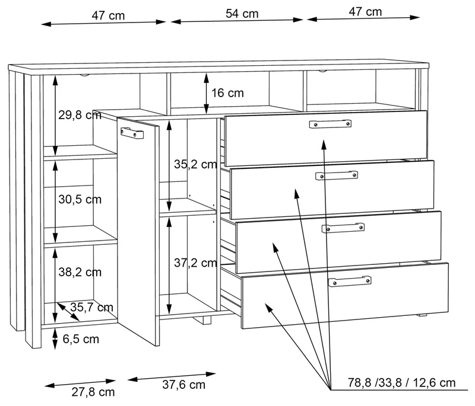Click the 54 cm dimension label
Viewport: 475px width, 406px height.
pos(242,14)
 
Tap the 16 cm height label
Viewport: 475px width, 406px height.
pos(227,93)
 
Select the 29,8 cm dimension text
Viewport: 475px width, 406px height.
pos(80,115)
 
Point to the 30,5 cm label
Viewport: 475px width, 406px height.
pos(80,200)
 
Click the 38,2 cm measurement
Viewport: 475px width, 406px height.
pos(80,272)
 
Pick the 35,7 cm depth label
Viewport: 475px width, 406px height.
pos(91,307)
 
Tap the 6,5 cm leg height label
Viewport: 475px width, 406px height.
pos(81,339)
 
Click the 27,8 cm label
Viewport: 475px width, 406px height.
pos(93,392)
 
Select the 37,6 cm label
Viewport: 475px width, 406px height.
pos(183,385)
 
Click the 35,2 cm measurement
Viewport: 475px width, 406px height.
pos(195,164)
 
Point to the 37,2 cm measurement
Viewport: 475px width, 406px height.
pos(195,263)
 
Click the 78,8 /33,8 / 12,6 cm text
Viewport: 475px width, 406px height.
pos(401,383)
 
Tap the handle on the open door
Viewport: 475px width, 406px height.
pos(132,133)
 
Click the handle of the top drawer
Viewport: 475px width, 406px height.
pos(330,124)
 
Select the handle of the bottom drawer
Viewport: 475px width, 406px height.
pos(350,281)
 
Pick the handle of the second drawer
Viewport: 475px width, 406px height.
pos(337,175)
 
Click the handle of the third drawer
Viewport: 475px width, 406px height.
pos(343,228)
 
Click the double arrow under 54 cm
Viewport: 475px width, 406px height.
pos(237,21)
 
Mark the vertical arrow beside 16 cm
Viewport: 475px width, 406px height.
pos(206,94)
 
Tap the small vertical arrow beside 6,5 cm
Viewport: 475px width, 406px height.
pos(55,339)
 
